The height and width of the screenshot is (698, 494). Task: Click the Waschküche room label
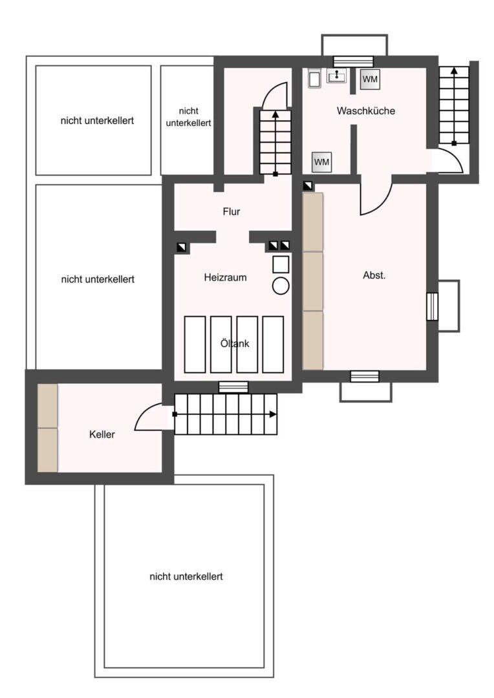365,111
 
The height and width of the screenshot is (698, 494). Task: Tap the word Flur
231,211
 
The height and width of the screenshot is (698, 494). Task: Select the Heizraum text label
225,277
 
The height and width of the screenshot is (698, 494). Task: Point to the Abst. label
374,275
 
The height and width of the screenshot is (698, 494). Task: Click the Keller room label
102,434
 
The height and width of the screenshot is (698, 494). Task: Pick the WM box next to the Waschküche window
370,79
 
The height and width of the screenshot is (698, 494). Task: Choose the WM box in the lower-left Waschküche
321,162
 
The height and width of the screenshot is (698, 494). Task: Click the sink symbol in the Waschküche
336,77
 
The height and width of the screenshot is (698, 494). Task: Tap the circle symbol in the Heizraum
281,286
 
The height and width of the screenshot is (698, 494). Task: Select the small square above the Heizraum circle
281,264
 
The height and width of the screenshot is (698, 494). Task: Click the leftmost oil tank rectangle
195,344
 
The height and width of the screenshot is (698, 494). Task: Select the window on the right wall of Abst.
433,306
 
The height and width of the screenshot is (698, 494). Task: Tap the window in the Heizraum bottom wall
233,387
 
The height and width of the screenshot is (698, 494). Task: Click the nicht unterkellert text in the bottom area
186,576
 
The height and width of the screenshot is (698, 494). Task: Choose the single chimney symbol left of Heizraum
182,246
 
